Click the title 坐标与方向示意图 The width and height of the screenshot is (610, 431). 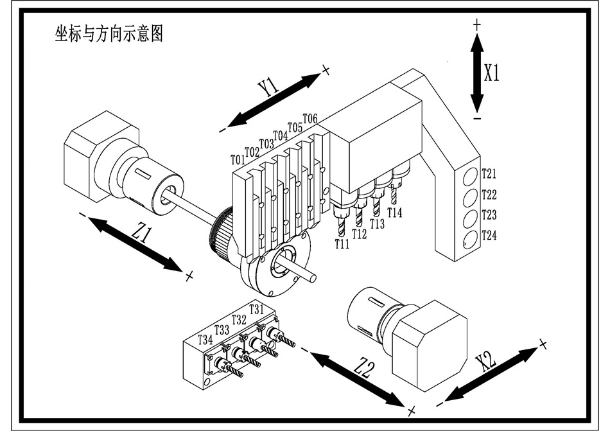[x=108, y=34]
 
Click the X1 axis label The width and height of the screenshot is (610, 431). [x=492, y=73]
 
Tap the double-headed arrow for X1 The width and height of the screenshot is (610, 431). [x=476, y=73]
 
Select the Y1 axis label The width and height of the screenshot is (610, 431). [x=268, y=87]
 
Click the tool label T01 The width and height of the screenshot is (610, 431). [x=237, y=159]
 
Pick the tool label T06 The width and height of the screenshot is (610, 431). [x=309, y=119]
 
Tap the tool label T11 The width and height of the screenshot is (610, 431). [x=342, y=244]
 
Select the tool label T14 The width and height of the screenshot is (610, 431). [x=395, y=213]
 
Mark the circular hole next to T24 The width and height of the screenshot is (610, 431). [x=470, y=239]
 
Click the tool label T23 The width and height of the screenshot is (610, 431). [x=489, y=215]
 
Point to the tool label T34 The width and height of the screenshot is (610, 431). [x=205, y=339]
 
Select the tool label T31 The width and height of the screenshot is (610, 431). [x=256, y=309]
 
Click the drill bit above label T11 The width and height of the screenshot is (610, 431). [x=341, y=227]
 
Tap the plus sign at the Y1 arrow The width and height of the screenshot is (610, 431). [x=326, y=69]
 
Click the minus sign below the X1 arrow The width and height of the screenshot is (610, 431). [x=476, y=119]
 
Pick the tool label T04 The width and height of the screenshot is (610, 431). [x=280, y=136]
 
